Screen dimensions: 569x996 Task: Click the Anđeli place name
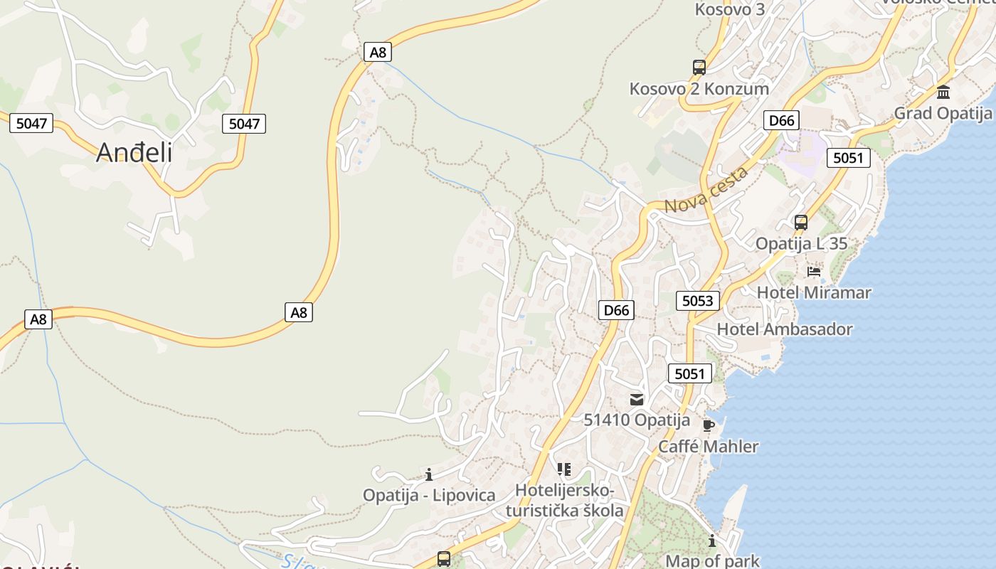(134, 152)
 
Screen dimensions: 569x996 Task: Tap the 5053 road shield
(697, 301)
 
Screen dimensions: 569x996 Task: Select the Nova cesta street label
(706, 190)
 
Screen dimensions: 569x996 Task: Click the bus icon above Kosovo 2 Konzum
(699, 68)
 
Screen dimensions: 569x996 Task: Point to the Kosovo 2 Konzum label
(699, 89)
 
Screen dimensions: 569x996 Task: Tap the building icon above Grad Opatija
(944, 92)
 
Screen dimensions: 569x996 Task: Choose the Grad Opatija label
(943, 113)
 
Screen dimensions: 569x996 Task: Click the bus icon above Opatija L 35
(801, 222)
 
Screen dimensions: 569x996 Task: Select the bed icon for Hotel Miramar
(814, 271)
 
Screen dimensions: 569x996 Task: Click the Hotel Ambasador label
(785, 329)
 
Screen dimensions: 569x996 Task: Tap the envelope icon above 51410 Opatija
(636, 400)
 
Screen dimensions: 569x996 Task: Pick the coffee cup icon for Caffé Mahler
(708, 425)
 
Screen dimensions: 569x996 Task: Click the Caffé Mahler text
(708, 447)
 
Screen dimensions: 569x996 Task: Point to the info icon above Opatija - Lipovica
(429, 474)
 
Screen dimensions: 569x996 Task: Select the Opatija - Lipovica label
(429, 496)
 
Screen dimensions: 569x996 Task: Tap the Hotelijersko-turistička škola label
(564, 501)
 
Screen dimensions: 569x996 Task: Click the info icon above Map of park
(712, 541)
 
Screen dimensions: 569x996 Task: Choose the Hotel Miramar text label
(814, 292)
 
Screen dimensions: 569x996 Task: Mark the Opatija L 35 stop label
(801, 244)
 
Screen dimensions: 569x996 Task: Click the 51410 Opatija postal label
(637, 420)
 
